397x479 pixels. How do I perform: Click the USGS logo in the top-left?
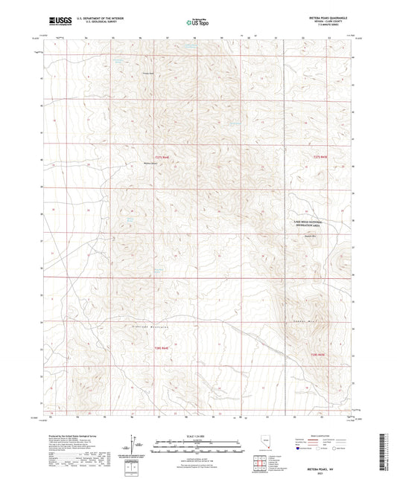[x=59, y=20]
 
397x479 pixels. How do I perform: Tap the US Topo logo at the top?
[x=196, y=22]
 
